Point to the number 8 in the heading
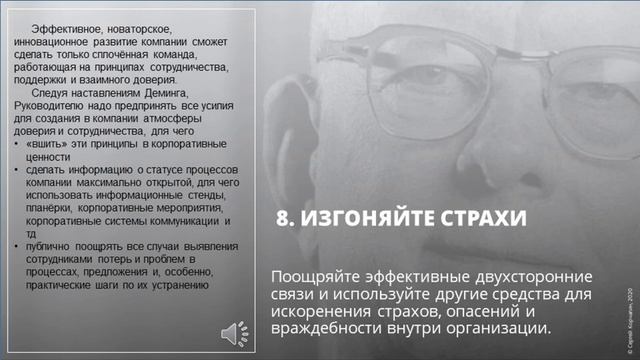[x=283, y=219]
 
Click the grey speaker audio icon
[x=229, y=330]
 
